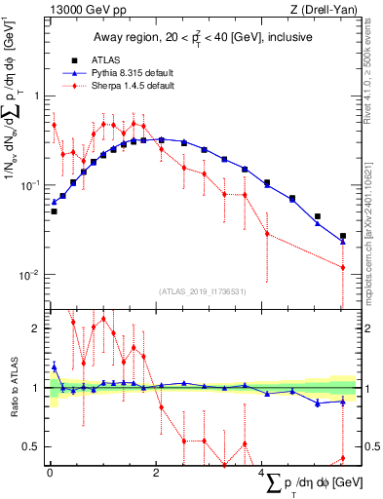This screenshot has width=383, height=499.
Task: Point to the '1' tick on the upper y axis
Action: click(x=34, y=96)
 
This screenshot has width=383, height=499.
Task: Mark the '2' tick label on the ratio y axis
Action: click(x=34, y=328)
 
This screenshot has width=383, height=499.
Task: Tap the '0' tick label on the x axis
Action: click(x=50, y=473)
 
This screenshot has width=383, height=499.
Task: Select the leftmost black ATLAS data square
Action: click(x=54, y=211)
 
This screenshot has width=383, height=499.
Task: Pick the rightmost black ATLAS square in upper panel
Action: click(x=342, y=236)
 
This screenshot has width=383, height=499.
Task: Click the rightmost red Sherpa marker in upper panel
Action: click(x=342, y=267)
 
